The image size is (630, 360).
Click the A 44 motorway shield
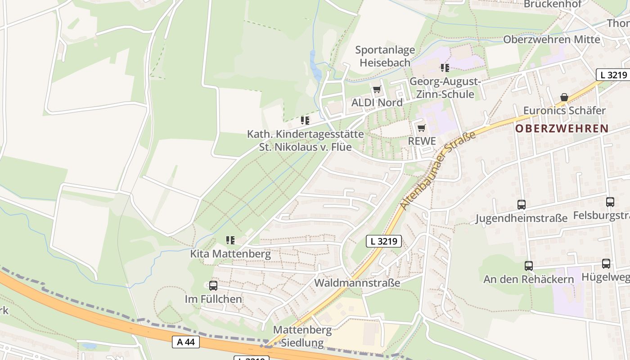(186, 342)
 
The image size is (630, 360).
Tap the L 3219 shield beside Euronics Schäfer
(613, 75)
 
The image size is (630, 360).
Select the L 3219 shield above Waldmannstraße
(383, 241)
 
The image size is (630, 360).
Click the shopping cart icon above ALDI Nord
(377, 90)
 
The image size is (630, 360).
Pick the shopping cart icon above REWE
(421, 128)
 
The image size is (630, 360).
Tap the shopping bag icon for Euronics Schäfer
(564, 97)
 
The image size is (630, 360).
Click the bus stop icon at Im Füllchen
(213, 286)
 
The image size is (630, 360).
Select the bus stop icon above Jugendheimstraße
(521, 205)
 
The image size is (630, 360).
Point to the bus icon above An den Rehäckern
(528, 266)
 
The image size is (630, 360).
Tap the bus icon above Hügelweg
(606, 264)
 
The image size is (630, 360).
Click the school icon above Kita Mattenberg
(230, 240)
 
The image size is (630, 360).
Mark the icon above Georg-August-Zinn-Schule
(445, 68)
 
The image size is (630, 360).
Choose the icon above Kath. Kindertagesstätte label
(305, 121)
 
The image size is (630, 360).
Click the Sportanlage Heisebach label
(385, 56)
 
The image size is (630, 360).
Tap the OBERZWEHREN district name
(562, 129)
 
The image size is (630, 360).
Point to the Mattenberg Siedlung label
(302, 336)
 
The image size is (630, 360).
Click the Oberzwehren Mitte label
(551, 40)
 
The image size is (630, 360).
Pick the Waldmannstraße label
(357, 283)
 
